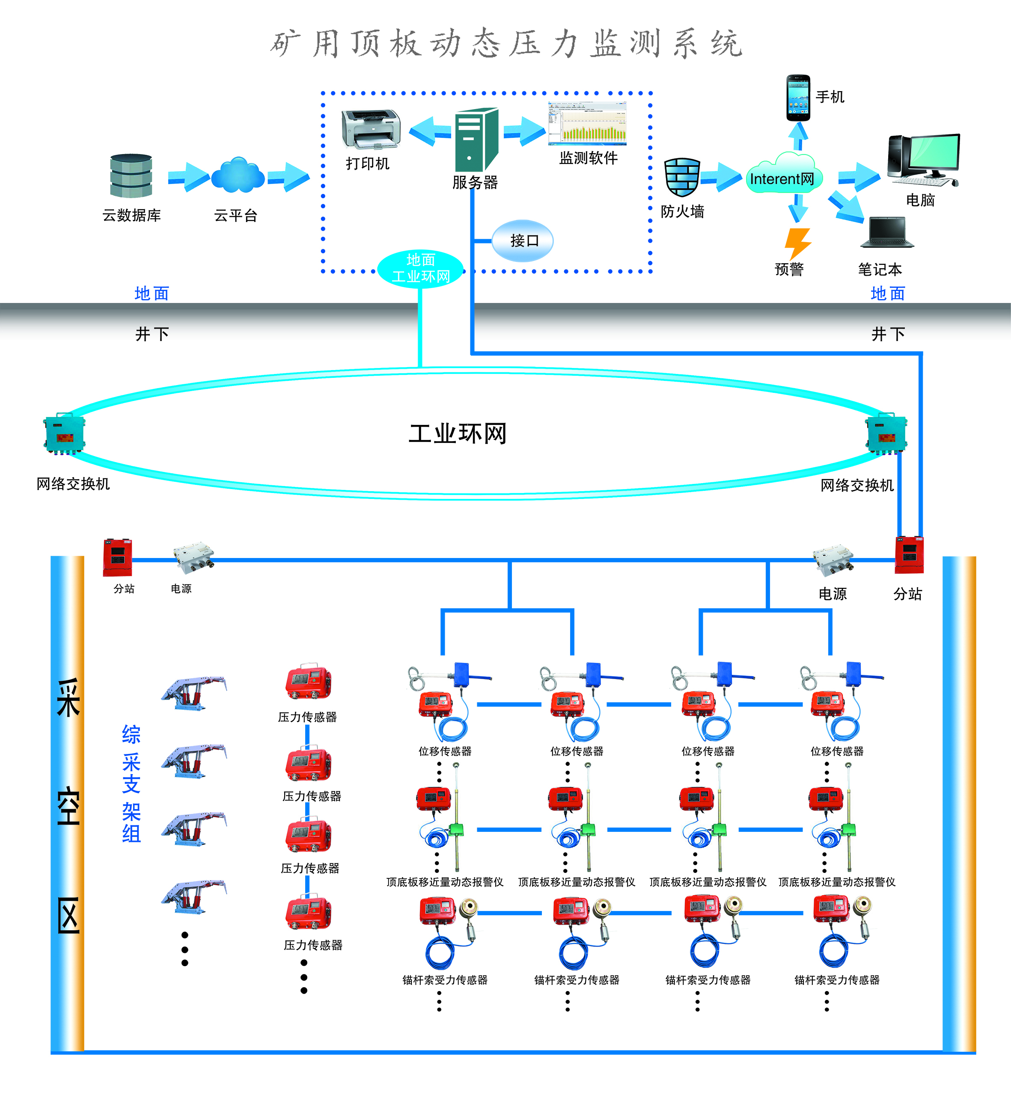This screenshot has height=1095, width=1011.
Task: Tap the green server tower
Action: click(x=476, y=139)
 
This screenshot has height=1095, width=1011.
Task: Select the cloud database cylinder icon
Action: click(x=131, y=175)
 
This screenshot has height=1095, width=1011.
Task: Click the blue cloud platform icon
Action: click(x=238, y=175)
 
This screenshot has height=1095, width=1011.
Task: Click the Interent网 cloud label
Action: click(x=782, y=179)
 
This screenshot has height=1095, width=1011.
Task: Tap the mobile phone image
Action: click(x=798, y=98)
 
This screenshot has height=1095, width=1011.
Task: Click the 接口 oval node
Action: click(x=523, y=240)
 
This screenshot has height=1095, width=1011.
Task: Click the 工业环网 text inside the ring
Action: click(x=458, y=434)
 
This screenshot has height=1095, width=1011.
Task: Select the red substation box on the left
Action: click(x=118, y=558)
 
